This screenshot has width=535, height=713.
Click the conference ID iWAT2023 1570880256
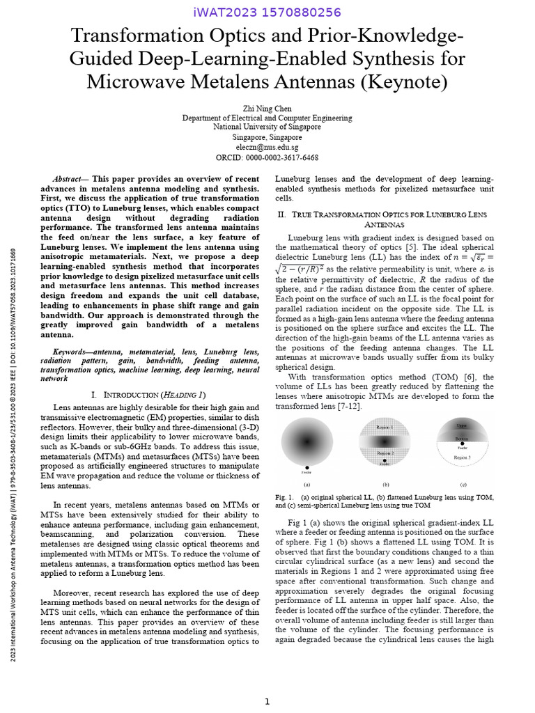click(x=267, y=12)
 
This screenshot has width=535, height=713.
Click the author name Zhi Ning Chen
click(x=267, y=109)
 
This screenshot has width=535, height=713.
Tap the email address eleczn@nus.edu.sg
click(x=267, y=147)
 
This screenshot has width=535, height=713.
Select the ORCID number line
click(x=267, y=157)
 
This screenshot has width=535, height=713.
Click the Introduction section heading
click(x=148, y=395)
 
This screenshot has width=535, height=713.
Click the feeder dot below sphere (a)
click(x=307, y=468)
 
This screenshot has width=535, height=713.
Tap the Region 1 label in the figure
click(x=385, y=427)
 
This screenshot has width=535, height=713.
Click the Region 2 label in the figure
click(x=385, y=453)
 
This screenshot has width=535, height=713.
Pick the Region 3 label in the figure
click(x=463, y=457)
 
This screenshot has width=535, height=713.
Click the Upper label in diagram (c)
click(x=462, y=425)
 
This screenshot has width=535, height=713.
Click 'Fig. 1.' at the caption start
click(x=284, y=498)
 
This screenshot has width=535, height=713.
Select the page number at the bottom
click(x=267, y=702)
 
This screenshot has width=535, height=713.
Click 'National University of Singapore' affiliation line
click(x=267, y=127)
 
